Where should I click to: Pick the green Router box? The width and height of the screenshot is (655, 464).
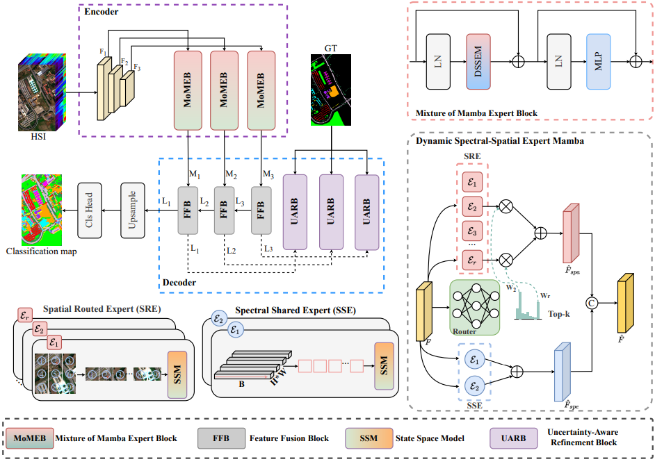(x=475, y=306)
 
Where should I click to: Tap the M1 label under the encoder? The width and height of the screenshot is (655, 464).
(x=196, y=173)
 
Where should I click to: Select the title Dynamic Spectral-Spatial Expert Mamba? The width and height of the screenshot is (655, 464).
(x=500, y=141)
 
